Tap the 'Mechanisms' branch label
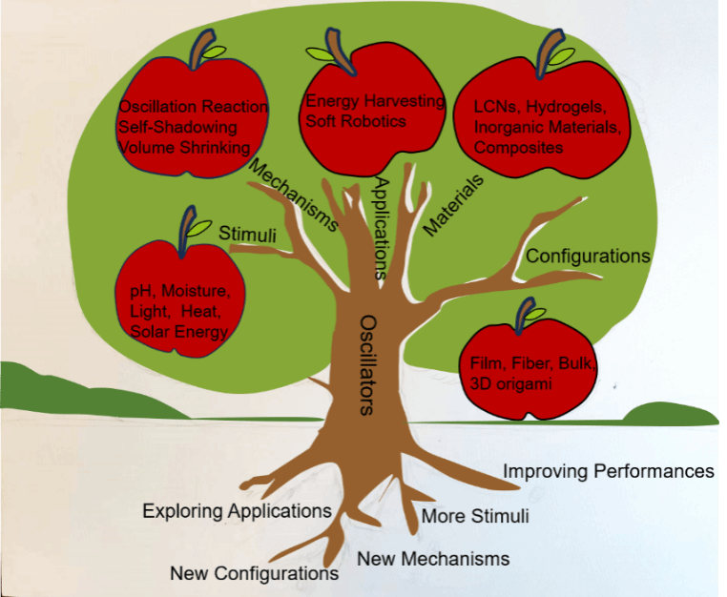click(x=293, y=195)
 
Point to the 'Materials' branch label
click(x=453, y=204)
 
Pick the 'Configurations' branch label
click(x=588, y=257)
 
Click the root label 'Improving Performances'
click(x=609, y=471)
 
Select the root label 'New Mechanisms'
click(x=433, y=558)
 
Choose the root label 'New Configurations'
click(x=254, y=573)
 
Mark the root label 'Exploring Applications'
click(x=237, y=511)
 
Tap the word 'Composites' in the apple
click(x=518, y=148)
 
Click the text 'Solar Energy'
click(x=179, y=331)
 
